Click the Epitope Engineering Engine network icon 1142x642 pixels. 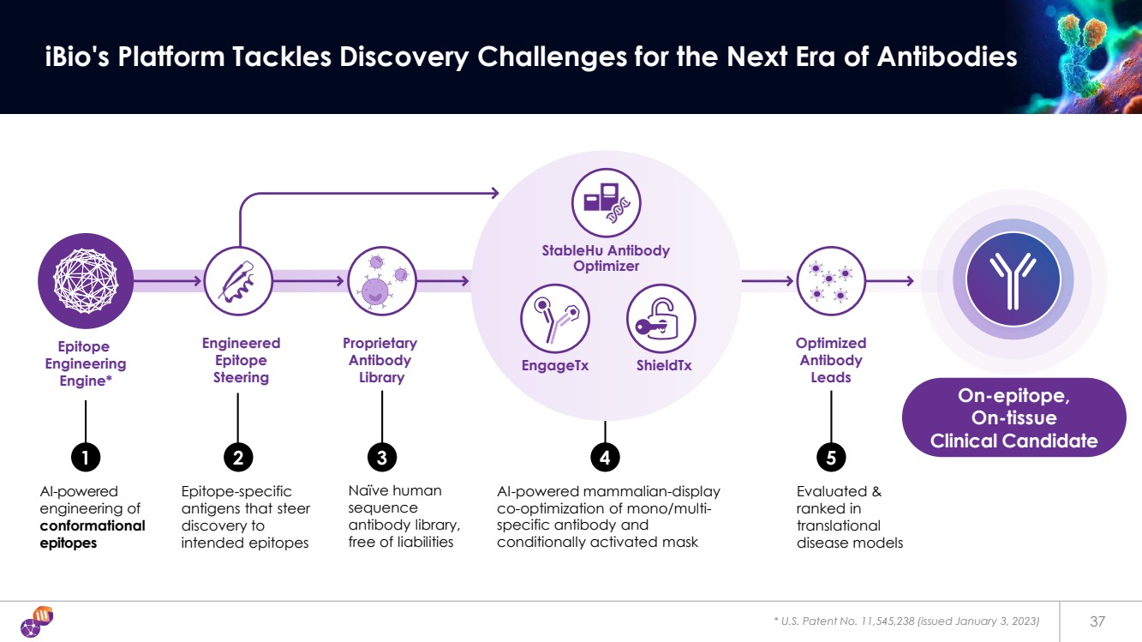85,279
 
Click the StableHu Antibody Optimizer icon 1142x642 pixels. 606,202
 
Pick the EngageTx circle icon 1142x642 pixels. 555,318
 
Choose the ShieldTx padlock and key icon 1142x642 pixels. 661,318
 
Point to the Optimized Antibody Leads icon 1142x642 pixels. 830,279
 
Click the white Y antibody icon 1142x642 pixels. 1013,279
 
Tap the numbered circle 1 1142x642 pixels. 85,459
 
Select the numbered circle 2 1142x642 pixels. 237,459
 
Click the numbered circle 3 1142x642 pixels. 381,459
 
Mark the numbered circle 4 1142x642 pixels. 605,459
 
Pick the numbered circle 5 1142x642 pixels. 831,459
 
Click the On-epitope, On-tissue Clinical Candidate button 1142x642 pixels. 1013,417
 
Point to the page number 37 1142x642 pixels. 1097,621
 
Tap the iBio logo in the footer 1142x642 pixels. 37,621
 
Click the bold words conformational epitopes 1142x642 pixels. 93,534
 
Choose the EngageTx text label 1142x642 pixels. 555,366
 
